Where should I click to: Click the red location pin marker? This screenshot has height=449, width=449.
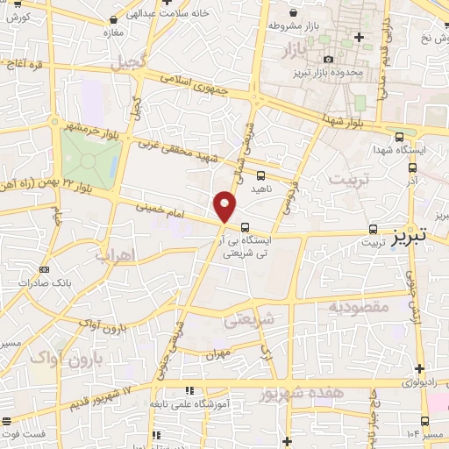click(225, 208)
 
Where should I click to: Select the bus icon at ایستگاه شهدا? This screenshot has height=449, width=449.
click(400, 137)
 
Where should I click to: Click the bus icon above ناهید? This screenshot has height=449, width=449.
click(261, 176)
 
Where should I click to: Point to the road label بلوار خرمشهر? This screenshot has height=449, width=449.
click(92, 128)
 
